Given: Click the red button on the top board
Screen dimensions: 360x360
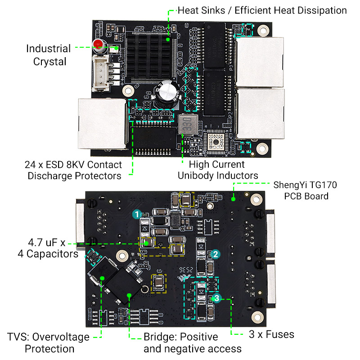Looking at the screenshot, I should (98, 45).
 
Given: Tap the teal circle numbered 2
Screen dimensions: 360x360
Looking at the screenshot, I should (216, 254).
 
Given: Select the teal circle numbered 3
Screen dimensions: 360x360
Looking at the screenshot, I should (216, 298).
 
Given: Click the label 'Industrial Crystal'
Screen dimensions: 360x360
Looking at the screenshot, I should (49, 55).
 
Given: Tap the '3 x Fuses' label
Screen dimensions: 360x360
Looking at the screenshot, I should (271, 334).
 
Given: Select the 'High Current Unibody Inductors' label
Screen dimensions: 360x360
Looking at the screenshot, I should (218, 170).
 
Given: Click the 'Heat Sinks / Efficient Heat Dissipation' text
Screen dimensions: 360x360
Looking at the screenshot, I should (262, 10).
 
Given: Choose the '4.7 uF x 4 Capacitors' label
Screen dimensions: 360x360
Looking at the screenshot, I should (40, 248).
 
